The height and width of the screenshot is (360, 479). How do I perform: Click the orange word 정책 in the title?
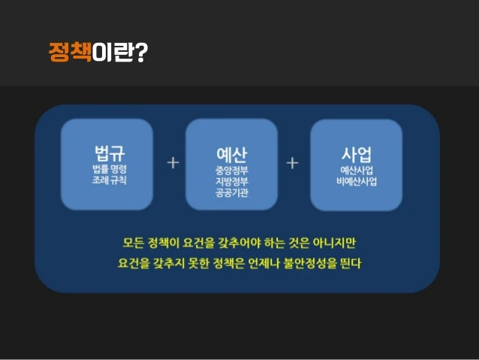(x=70, y=53)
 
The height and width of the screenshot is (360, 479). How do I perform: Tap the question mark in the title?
(x=141, y=53)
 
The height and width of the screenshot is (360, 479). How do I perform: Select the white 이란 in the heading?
(x=113, y=53)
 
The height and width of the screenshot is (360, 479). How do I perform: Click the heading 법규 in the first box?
(x=110, y=153)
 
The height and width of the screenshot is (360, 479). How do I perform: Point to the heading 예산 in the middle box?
(x=231, y=155)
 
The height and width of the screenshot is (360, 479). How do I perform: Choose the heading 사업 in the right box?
(x=357, y=155)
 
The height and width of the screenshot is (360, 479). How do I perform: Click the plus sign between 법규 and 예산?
(x=173, y=163)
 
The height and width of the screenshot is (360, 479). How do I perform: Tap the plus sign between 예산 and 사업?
(x=292, y=163)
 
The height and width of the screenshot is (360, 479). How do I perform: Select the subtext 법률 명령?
(x=110, y=169)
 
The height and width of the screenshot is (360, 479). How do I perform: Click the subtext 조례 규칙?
(x=110, y=180)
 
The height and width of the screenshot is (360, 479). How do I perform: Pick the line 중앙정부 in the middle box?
(x=232, y=171)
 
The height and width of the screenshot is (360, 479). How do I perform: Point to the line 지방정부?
(x=232, y=181)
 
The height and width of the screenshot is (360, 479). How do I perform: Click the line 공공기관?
(x=232, y=192)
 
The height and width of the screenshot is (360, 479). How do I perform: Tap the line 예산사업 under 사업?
(x=357, y=171)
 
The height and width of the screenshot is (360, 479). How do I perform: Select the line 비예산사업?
(x=357, y=181)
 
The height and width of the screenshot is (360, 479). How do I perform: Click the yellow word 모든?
(x=133, y=243)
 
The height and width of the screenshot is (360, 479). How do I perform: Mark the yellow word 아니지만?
(x=334, y=243)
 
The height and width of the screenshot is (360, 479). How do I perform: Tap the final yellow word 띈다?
(x=351, y=263)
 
